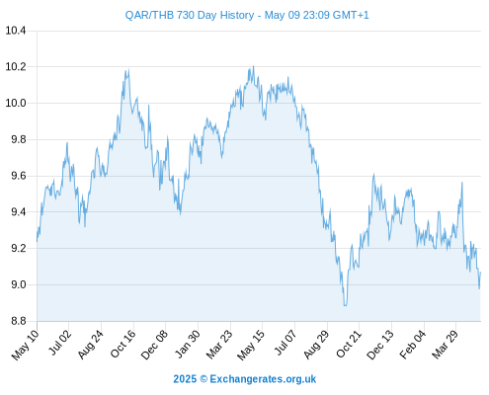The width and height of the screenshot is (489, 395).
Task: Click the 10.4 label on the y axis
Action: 16,31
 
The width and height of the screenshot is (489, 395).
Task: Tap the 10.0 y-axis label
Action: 16,104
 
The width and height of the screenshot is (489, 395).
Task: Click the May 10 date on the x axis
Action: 25,345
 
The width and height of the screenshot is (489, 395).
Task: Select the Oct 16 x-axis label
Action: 123,344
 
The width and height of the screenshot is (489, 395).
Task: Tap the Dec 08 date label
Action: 154,345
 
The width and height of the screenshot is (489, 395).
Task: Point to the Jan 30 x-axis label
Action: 188,344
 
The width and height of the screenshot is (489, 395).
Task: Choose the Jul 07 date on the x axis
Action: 285,343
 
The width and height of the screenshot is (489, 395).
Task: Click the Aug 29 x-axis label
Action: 316,345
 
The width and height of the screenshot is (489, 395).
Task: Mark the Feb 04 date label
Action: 413,344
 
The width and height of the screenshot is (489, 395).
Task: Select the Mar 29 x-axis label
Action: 446,344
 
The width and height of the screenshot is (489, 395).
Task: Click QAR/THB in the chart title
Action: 149,16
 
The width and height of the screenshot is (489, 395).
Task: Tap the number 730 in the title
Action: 186,15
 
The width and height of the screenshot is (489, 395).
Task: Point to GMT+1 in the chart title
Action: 351,15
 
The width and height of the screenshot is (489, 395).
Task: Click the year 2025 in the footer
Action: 185,379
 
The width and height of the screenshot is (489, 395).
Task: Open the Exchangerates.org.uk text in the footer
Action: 263,379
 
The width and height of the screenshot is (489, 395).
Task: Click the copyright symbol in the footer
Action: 204,379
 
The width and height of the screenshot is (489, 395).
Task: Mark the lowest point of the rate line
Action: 345,306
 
